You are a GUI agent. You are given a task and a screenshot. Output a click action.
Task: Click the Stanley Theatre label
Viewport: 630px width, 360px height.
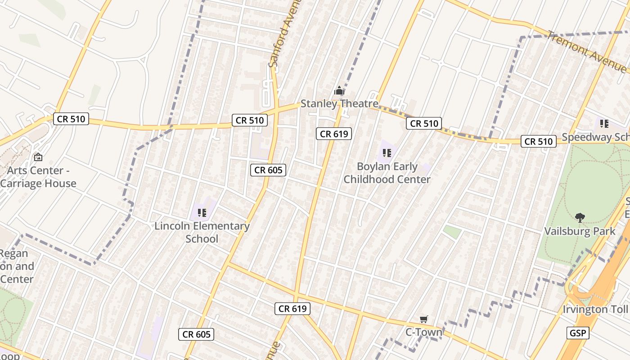click(x=339, y=103)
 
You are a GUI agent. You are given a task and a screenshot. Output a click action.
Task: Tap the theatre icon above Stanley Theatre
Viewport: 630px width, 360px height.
click(x=339, y=91)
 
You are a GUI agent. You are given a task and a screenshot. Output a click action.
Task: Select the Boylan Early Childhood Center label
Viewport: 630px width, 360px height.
click(x=387, y=173)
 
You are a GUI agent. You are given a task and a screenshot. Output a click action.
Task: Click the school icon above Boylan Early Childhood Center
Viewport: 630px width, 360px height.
click(x=387, y=153)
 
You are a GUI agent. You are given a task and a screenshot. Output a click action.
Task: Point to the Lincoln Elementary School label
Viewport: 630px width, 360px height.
click(x=202, y=232)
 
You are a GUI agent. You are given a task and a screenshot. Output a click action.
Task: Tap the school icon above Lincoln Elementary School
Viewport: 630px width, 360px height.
click(x=202, y=212)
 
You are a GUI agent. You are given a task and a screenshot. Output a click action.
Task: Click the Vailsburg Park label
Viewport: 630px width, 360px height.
click(x=580, y=231)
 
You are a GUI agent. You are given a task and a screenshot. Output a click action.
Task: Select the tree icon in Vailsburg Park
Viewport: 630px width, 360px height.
click(x=580, y=218)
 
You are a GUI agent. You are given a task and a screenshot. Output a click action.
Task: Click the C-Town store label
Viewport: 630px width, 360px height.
click(x=423, y=333)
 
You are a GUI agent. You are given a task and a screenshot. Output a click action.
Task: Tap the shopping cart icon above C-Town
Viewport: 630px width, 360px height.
click(x=423, y=319)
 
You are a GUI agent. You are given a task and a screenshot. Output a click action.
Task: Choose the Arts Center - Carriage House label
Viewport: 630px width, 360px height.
click(x=38, y=177)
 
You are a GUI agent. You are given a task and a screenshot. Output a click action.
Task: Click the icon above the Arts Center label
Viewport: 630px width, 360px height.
click(x=38, y=157)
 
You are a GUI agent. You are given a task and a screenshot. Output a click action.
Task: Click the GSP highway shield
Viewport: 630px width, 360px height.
click(x=578, y=333)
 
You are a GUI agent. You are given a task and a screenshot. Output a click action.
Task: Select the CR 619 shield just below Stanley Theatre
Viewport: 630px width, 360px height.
click(x=333, y=134)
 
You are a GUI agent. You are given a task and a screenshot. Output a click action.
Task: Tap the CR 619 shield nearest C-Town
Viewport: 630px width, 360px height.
click(x=292, y=309)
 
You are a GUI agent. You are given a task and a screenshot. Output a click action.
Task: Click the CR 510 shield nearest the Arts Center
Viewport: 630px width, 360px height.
click(x=71, y=119)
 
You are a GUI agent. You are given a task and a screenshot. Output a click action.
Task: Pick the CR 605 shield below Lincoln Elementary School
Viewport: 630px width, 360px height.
click(x=196, y=334)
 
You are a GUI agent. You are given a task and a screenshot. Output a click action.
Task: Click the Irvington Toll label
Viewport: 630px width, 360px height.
click(x=595, y=310)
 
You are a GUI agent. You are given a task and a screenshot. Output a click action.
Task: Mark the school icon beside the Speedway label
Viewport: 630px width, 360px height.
click(x=604, y=123)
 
